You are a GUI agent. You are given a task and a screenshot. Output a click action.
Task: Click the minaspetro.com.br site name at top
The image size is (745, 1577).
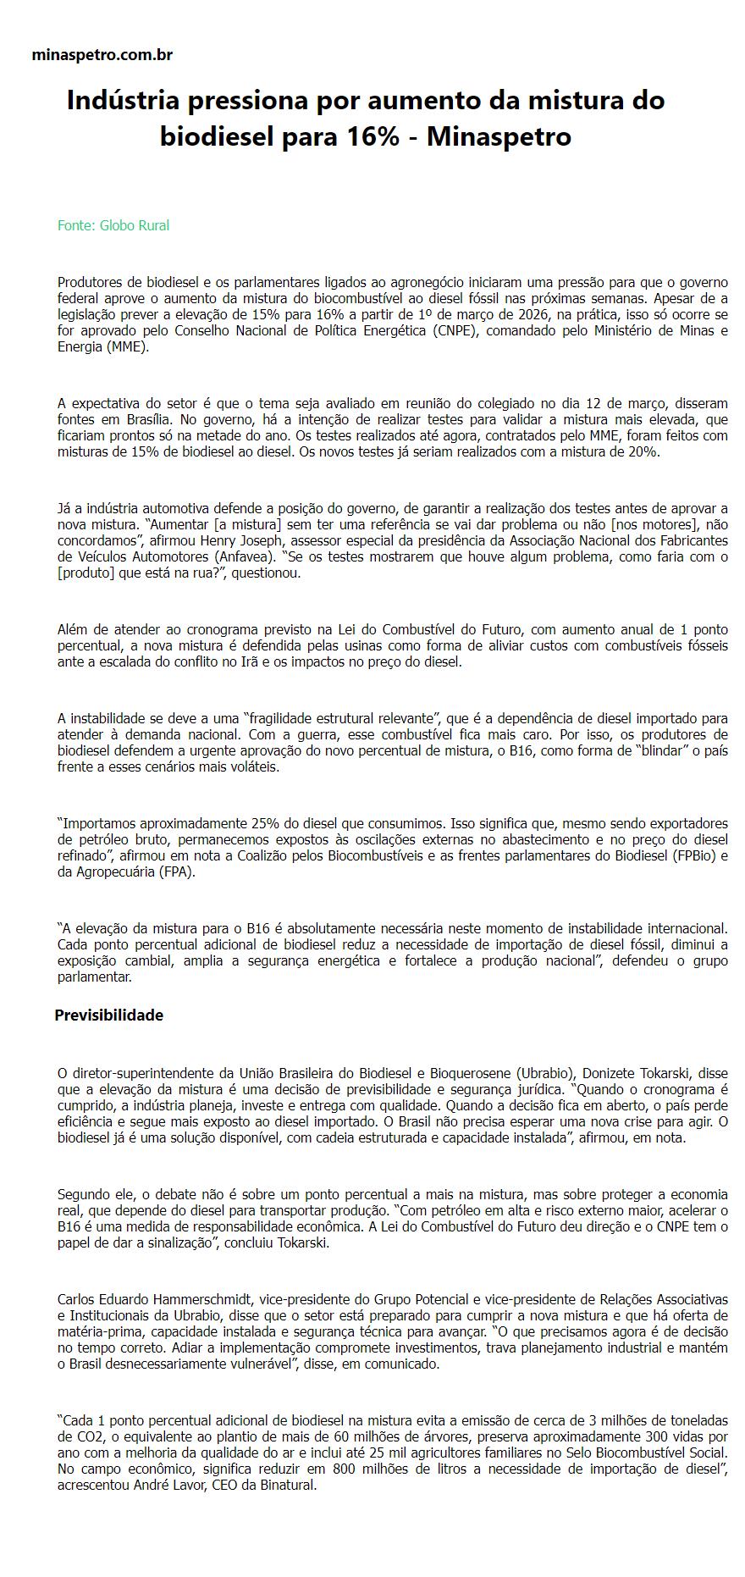pos(102,55)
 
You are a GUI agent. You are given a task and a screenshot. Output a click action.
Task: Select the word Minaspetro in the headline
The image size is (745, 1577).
pos(499,136)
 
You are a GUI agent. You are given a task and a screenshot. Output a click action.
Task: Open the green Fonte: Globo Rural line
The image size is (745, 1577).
pos(113,225)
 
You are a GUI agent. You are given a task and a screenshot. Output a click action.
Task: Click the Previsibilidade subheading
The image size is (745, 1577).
pos(108,1015)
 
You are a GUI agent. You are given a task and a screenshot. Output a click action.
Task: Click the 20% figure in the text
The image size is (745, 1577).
pos(642,451)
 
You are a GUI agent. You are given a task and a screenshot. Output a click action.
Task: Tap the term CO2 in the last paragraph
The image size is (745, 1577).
pos(72,1436)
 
